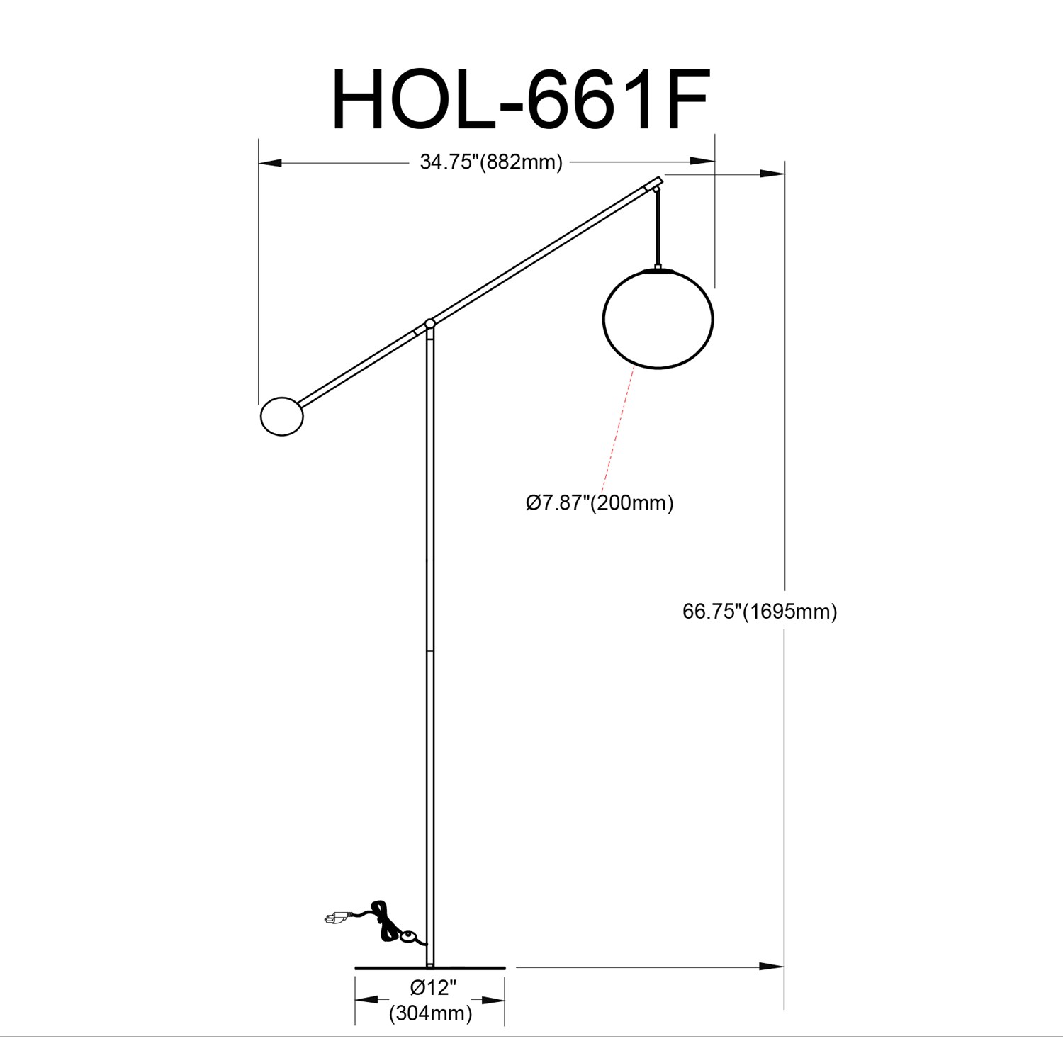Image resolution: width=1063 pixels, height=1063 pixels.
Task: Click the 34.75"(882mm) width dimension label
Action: pyautogui.click(x=490, y=162)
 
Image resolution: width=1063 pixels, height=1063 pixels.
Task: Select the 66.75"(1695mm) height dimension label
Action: pyautogui.click(x=760, y=611)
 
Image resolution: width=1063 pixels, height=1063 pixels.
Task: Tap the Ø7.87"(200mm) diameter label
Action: pyautogui.click(x=600, y=503)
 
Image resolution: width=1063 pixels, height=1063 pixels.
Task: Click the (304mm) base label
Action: pyautogui.click(x=430, y=1013)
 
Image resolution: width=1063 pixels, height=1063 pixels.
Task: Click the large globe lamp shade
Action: pyautogui.click(x=658, y=318)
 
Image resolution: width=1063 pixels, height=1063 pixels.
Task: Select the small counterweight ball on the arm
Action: pyautogui.click(x=282, y=416)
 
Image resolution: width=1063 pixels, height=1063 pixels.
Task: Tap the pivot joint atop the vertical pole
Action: pyautogui.click(x=429, y=324)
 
